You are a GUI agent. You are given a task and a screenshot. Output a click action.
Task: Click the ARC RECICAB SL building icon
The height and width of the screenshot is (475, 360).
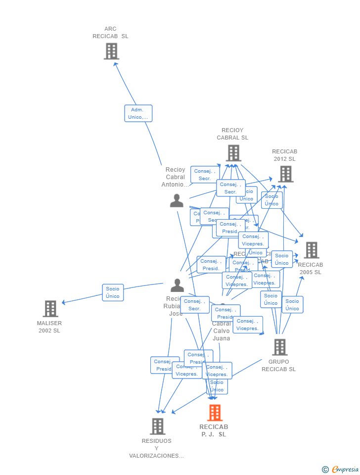[x=111, y=51]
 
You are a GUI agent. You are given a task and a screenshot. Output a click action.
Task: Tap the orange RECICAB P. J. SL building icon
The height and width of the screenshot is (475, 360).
[x=215, y=413]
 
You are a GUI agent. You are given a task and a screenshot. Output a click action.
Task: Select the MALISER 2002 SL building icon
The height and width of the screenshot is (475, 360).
[x=50, y=309]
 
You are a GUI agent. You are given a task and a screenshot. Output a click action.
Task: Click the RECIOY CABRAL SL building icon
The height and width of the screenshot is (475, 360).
[x=233, y=153]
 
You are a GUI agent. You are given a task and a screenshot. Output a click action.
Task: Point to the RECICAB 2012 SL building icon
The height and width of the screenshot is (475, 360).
[x=285, y=174]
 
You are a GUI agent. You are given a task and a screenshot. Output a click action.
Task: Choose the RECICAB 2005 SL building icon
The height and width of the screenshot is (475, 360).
[x=311, y=250]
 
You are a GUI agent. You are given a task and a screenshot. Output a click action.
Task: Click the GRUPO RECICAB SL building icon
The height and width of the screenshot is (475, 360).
[x=279, y=347]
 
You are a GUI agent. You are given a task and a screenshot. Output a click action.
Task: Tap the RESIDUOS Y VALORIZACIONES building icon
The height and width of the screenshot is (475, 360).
[x=157, y=426]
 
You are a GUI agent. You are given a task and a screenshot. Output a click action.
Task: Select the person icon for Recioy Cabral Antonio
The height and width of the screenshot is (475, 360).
[x=177, y=201]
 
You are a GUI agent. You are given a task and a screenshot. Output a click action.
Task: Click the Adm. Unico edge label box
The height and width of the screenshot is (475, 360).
[x=138, y=113]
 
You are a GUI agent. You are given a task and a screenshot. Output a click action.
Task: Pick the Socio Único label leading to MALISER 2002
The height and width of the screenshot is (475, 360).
[x=113, y=292]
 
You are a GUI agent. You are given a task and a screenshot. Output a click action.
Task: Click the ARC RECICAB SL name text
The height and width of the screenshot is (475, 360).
[x=110, y=33]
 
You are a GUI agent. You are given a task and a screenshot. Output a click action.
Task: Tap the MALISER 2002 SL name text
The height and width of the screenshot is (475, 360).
[x=49, y=327]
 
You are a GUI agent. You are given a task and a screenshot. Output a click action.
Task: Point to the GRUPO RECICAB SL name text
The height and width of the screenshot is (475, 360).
[x=278, y=366]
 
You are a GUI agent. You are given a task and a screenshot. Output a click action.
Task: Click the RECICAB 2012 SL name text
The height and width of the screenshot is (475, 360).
[x=285, y=155]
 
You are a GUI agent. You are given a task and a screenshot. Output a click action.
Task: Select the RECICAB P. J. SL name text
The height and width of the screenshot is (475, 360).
[x=214, y=430]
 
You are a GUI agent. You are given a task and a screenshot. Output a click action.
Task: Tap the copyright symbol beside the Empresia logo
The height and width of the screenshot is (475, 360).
[x=325, y=470]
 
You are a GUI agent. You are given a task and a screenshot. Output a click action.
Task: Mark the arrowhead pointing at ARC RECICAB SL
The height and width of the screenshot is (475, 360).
[x=115, y=63]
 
